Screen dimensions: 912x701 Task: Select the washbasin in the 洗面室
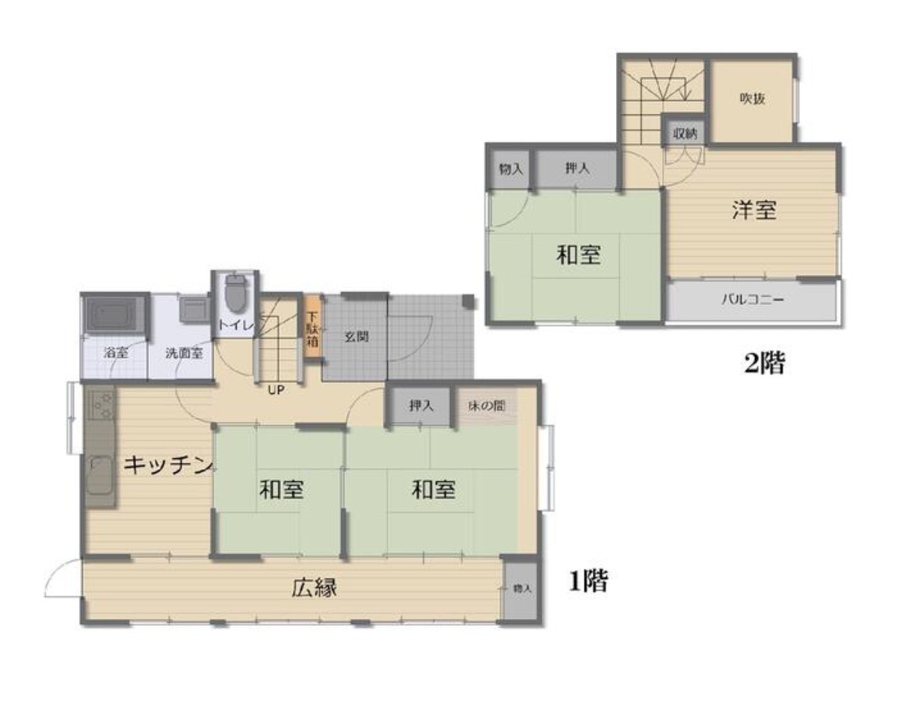click(x=194, y=309)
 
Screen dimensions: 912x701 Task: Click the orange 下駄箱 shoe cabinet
click(x=312, y=327)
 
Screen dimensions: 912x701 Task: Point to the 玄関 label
click(x=357, y=336)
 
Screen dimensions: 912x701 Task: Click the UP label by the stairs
click(x=276, y=390)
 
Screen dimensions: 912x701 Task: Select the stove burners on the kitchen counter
click(x=102, y=404)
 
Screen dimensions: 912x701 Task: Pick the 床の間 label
click(x=487, y=406)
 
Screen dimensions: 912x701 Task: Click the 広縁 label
click(x=315, y=587)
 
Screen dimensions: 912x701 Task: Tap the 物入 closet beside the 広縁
click(x=521, y=589)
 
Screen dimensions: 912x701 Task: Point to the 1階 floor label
click(x=588, y=581)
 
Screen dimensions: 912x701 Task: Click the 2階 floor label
click(x=764, y=363)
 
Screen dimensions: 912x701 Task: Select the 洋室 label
click(x=754, y=210)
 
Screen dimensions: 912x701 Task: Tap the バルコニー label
click(x=753, y=300)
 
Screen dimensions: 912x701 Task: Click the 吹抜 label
click(x=752, y=99)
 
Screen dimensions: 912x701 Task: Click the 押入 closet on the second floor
click(x=577, y=169)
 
